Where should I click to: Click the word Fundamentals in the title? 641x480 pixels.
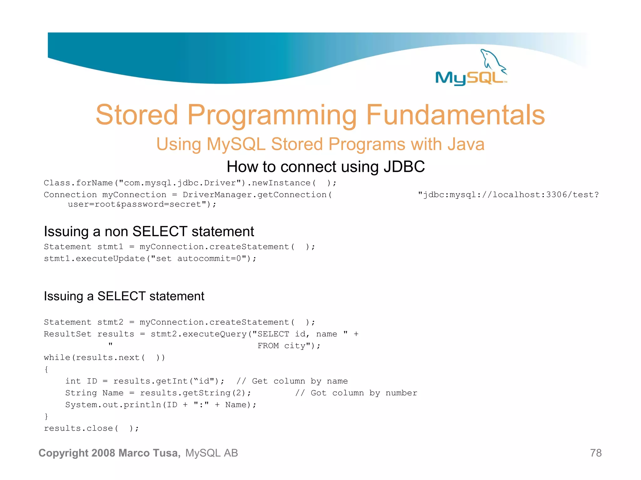(x=455, y=115)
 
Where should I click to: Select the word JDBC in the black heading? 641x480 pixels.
(x=404, y=167)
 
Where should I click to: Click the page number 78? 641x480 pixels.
(x=596, y=453)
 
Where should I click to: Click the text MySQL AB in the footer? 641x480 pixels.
(x=212, y=453)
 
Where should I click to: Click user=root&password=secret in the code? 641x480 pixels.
(x=138, y=204)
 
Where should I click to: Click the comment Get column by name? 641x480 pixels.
(x=300, y=381)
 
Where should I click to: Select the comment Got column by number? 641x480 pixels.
(x=364, y=393)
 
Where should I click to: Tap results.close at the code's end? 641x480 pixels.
(x=78, y=428)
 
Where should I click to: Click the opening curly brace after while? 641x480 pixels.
(x=46, y=369)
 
